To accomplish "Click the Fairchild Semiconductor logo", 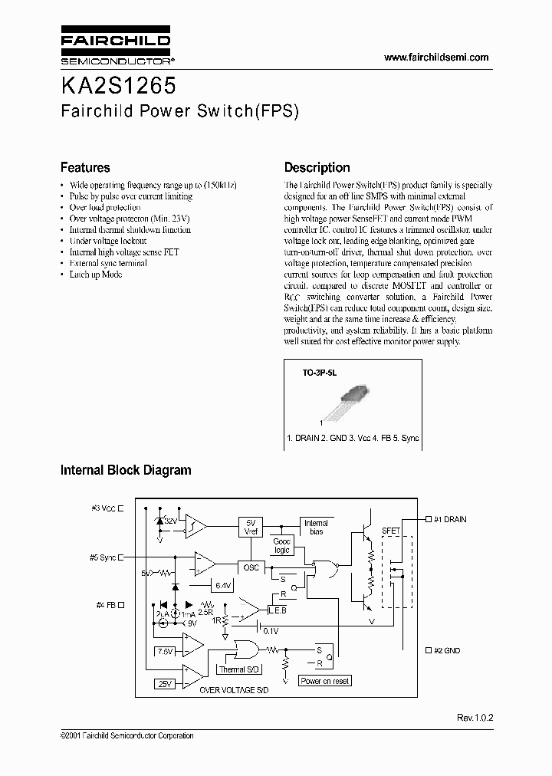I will click(x=115, y=47).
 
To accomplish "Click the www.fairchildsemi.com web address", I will click(x=435, y=58).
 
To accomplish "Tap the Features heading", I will click(x=85, y=167).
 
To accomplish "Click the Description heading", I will click(x=317, y=167).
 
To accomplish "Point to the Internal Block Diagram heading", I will click(x=126, y=470).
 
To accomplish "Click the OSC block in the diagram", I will click(x=250, y=568).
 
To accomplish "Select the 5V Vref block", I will click(x=250, y=525).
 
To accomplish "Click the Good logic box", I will click(x=282, y=546).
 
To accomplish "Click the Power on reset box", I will click(x=324, y=681).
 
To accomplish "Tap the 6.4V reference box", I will click(x=223, y=585).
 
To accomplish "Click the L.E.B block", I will click(x=278, y=610).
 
